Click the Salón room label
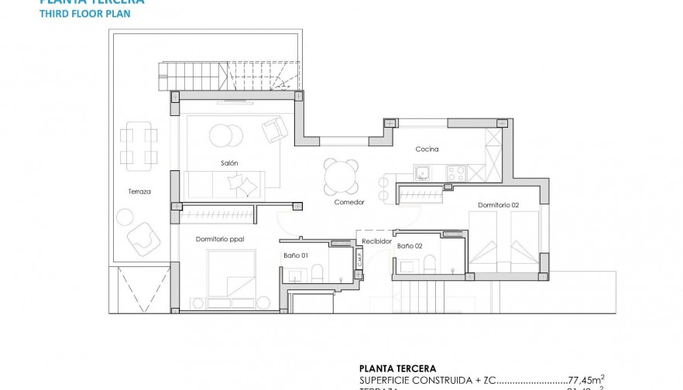[x=228, y=162]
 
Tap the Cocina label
[x=427, y=149]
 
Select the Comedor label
[x=348, y=202]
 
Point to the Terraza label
[x=139, y=191]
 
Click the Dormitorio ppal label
[x=220, y=239]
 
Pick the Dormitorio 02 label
[x=498, y=204]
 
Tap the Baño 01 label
[x=295, y=255]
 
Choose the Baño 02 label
[x=410, y=245]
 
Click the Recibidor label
[x=376, y=241]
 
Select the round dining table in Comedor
[x=341, y=176]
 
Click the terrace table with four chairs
[x=138, y=148]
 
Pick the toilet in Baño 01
[x=317, y=272]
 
